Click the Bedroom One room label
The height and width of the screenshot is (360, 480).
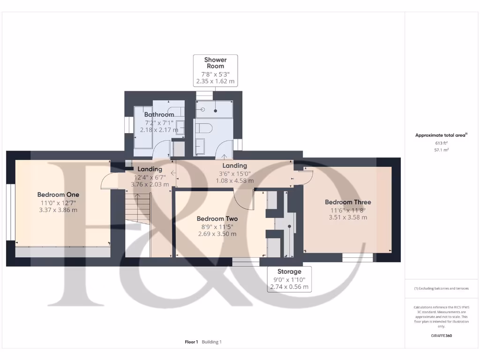click(x=58, y=195)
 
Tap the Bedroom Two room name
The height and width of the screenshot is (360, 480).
click(x=217, y=219)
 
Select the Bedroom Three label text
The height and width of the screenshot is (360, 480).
click(x=348, y=202)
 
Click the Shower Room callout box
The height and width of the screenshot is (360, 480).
click(x=216, y=71)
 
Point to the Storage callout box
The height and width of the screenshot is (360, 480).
click(x=289, y=279)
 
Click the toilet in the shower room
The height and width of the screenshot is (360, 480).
click(x=204, y=127)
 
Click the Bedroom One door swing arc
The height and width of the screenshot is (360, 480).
click(x=107, y=180)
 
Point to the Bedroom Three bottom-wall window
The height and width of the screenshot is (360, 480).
click(x=358, y=256)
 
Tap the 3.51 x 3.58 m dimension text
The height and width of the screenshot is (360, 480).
click(x=348, y=217)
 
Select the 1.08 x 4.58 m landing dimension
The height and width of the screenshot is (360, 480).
click(x=235, y=180)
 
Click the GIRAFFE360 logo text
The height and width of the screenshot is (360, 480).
click(x=441, y=336)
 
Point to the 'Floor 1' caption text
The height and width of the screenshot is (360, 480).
click(x=191, y=342)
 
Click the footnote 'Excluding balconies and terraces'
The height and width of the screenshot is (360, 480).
click(x=441, y=288)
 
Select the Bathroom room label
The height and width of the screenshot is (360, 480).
click(x=159, y=114)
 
